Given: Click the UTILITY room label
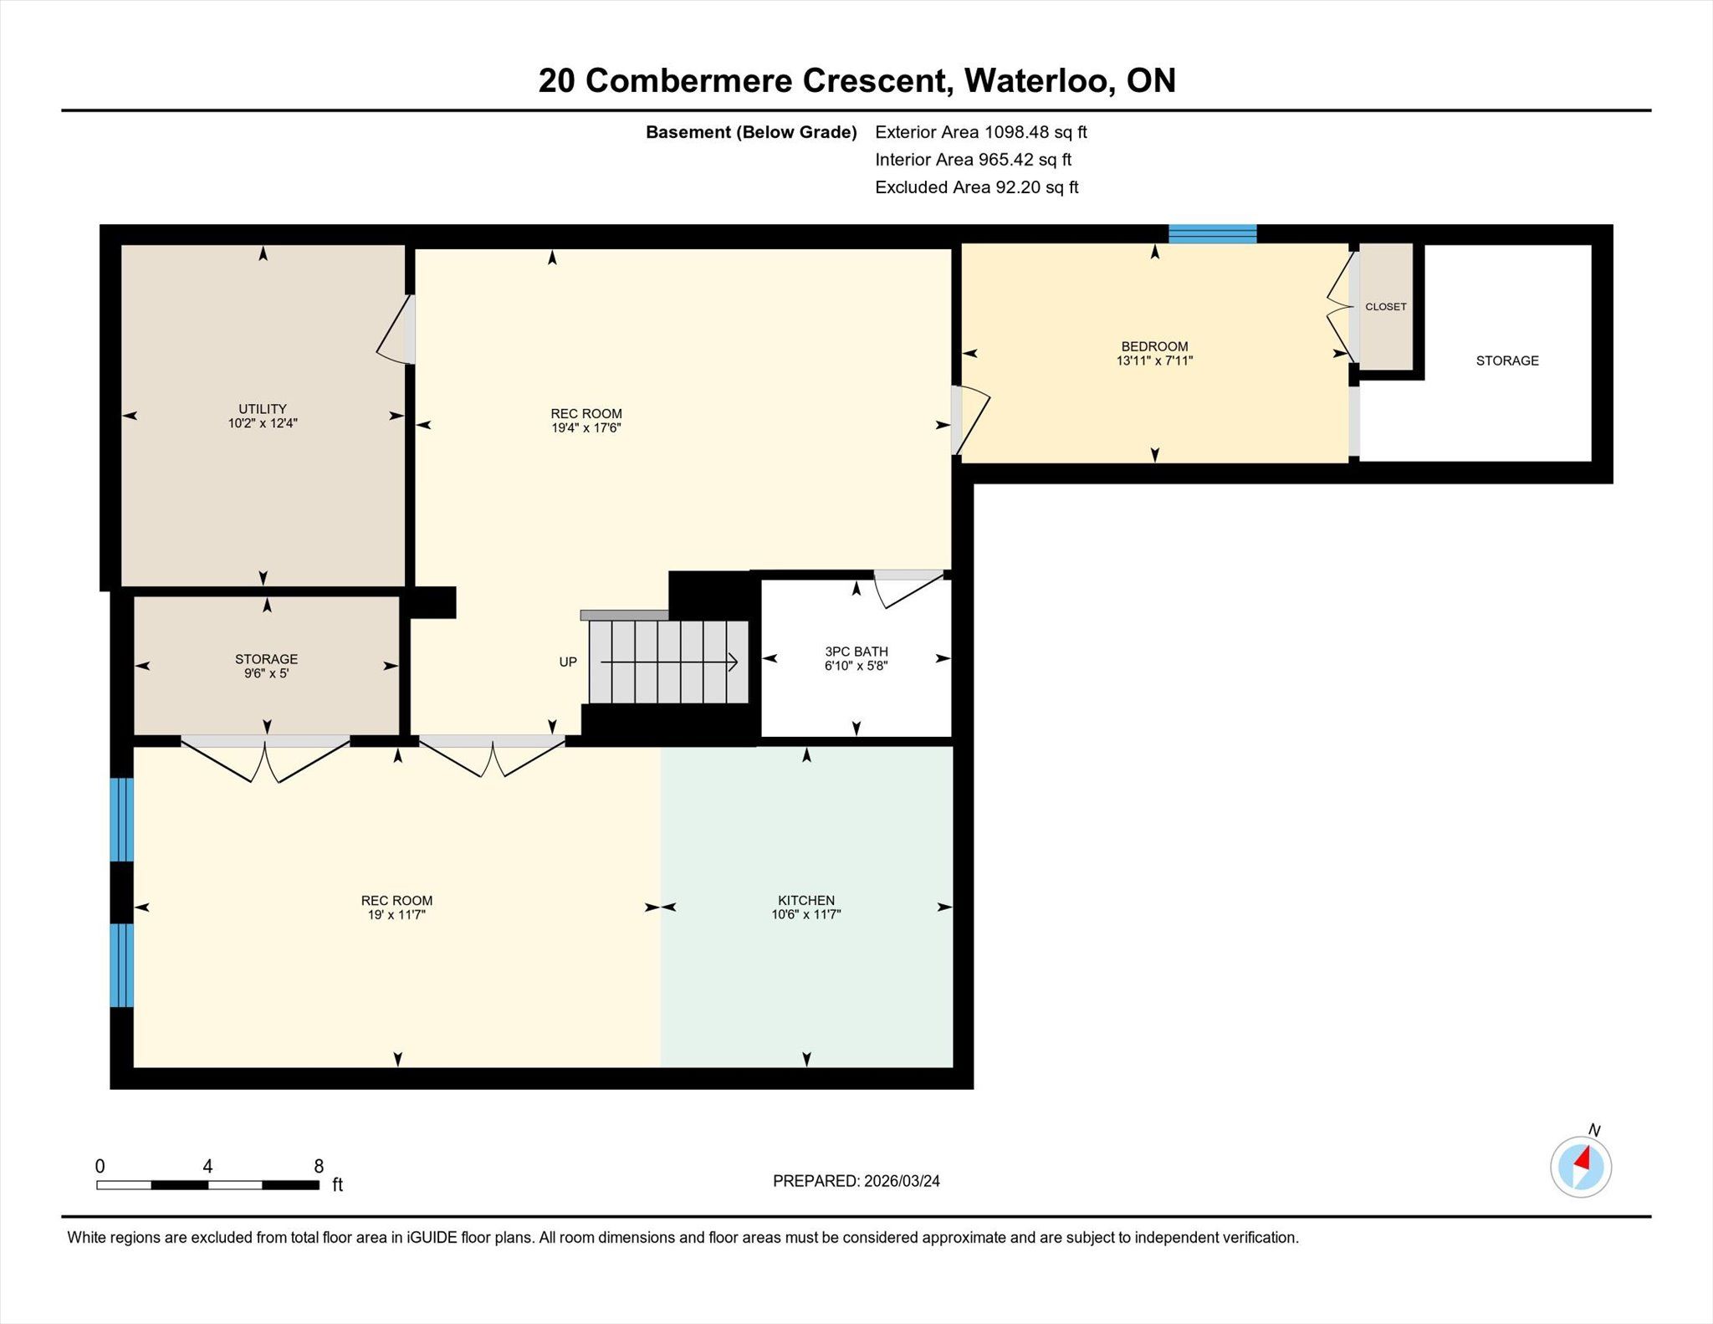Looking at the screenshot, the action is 263,409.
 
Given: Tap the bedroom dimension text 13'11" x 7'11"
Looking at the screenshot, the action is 1154,360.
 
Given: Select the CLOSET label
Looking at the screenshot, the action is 1386,307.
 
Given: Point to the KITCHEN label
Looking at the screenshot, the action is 806,900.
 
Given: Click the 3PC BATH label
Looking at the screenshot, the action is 856,652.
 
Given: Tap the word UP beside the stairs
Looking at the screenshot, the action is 568,662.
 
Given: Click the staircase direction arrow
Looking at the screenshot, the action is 669,662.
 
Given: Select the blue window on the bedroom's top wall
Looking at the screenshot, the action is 1212,233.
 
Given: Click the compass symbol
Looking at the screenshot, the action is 1581,1166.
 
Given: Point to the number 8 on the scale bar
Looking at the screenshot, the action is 319,1166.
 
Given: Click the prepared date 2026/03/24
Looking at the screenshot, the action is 902,1181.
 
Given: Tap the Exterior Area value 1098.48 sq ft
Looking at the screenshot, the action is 1035,132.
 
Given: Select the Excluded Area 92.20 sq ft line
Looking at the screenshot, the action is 977,187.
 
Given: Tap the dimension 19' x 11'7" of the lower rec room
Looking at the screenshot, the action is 396,914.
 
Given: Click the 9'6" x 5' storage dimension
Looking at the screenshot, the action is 266,673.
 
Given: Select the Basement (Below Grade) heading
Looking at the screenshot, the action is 751,132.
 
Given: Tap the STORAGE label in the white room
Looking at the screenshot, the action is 1507,360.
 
